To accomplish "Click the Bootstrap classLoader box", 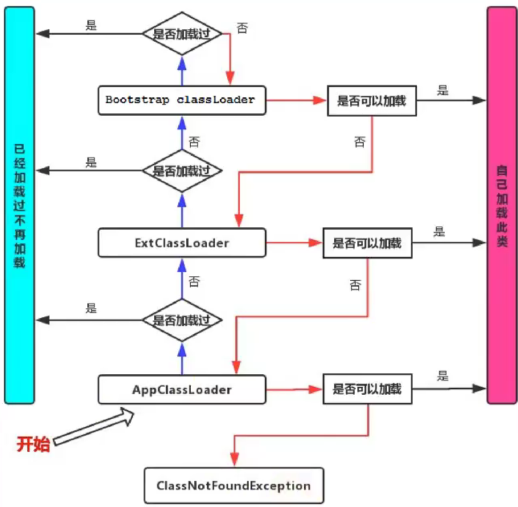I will click(x=182, y=99).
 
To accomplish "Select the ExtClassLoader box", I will click(x=182, y=243).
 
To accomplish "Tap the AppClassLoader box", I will click(x=182, y=389).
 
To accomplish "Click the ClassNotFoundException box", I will click(x=234, y=486).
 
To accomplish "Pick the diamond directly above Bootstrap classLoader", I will click(x=182, y=34).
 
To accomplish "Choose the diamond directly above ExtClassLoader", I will click(x=182, y=171).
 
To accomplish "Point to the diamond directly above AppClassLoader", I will click(x=182, y=320).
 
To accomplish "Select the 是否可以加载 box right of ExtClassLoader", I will click(x=367, y=243).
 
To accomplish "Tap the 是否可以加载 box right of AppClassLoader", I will click(x=367, y=389).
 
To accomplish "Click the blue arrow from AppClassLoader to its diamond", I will click(x=182, y=358).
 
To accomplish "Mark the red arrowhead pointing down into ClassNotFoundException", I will click(x=234, y=459).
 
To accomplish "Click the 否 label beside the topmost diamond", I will click(x=242, y=28).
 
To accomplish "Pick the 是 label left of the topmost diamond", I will click(x=92, y=26).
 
